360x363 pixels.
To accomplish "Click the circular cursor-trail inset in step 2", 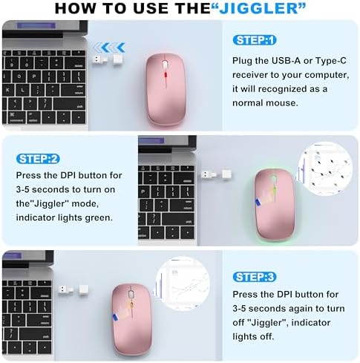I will point(326,173).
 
